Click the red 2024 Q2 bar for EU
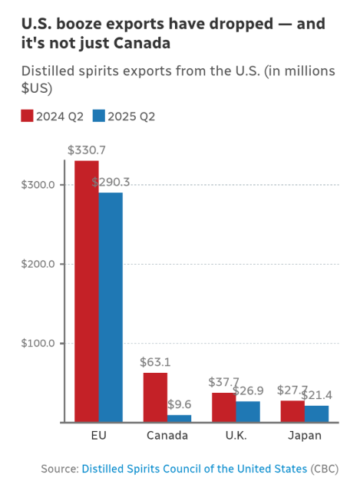tap(86, 291)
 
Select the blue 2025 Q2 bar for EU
tap(111, 307)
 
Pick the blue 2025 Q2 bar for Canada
tap(179, 418)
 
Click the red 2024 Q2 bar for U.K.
tap(223, 407)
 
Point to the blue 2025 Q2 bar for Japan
tap(316, 414)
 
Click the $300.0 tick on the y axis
tap(36, 185)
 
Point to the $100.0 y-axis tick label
tap(36, 343)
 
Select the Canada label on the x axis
tap(167, 436)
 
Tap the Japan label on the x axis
tap(304, 436)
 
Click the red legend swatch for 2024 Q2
tap(26, 116)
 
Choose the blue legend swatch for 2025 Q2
tap(97, 116)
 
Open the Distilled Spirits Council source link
tap(194, 468)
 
